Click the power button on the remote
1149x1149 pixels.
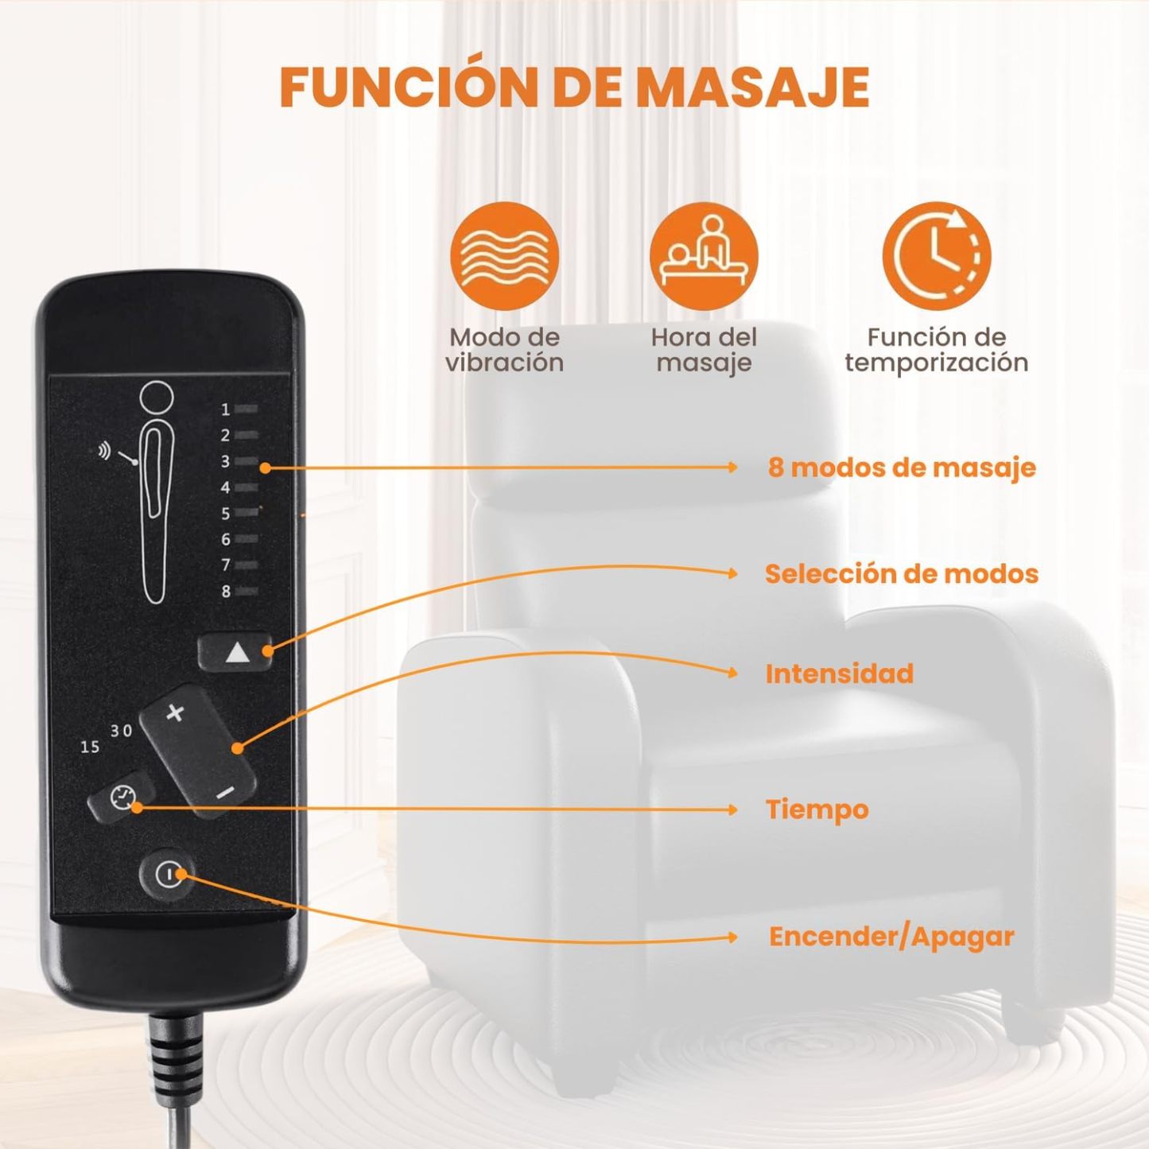168,875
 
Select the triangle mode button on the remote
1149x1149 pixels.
235,653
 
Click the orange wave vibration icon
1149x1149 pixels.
504,256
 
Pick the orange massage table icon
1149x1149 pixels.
704,256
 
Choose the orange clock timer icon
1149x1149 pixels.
937,256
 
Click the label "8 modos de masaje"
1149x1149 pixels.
902,468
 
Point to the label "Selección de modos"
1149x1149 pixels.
902,573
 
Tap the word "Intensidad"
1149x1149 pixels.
840,673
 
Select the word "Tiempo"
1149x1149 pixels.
817,809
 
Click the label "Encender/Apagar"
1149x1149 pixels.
891,937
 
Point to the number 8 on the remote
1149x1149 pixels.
226,592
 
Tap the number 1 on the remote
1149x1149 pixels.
225,410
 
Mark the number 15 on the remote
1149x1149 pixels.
90,747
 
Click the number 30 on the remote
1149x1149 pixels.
122,731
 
